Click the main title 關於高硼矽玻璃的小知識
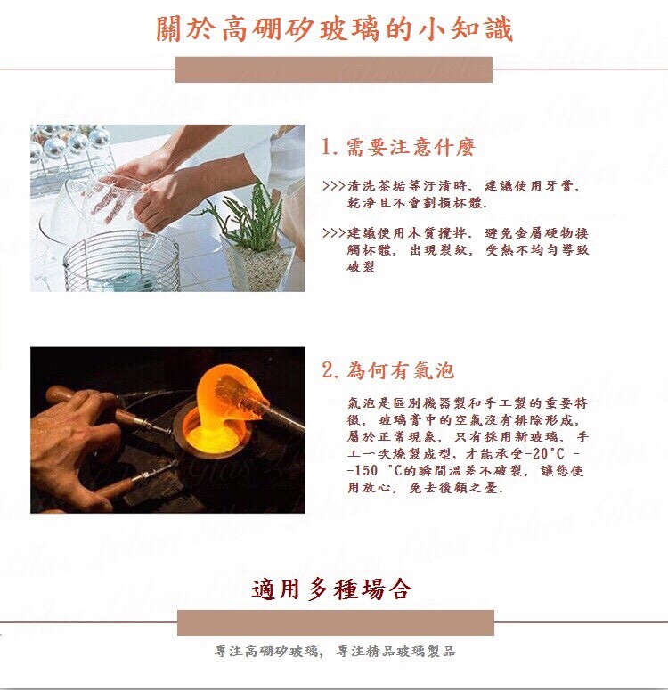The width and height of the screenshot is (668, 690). (x=334, y=29)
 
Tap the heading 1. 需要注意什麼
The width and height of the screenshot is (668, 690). (x=398, y=147)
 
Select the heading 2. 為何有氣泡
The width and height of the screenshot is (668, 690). (x=387, y=370)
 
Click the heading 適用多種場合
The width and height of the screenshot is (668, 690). (x=332, y=589)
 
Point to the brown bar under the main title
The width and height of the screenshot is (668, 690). (x=333, y=69)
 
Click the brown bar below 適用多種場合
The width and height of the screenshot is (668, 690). (x=336, y=622)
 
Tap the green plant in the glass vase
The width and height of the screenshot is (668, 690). (x=247, y=220)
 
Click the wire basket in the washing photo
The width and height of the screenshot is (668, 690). (x=121, y=261)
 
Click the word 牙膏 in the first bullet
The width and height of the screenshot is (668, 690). (x=559, y=186)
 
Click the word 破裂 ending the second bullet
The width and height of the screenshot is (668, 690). (x=361, y=267)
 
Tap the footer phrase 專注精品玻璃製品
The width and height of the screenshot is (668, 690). (x=395, y=651)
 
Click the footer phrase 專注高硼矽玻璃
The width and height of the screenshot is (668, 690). (x=267, y=651)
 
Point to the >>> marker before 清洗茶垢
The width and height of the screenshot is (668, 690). (x=333, y=186)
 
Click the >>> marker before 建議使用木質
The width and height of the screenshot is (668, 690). (x=333, y=233)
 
